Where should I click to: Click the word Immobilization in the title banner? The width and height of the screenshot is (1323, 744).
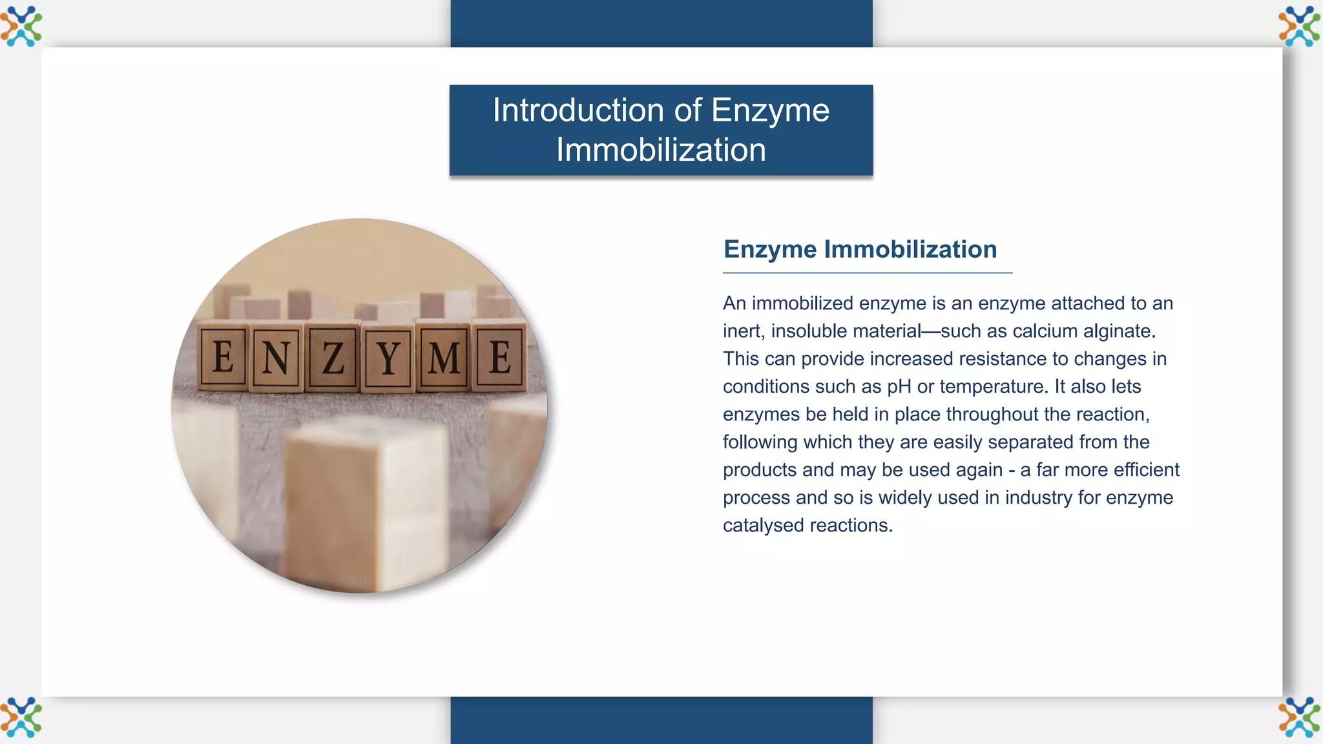click(x=661, y=150)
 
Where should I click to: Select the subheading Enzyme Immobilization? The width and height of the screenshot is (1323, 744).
click(x=860, y=249)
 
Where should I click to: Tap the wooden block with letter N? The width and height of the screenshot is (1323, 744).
click(x=276, y=358)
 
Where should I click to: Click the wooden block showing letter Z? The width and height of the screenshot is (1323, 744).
click(x=333, y=358)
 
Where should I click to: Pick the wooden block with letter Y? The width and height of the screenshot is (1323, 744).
click(x=388, y=359)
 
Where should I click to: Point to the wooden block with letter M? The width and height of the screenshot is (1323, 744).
click(x=444, y=358)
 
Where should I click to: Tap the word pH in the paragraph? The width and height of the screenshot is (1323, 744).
click(x=899, y=387)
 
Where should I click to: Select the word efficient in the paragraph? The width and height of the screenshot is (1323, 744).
click(x=1147, y=470)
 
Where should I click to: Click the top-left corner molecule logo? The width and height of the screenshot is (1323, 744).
click(x=21, y=26)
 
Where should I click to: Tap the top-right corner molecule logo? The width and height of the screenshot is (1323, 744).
click(x=1299, y=26)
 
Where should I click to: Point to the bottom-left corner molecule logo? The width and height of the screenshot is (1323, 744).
click(x=21, y=717)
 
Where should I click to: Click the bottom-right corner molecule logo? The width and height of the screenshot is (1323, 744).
click(x=1299, y=717)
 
